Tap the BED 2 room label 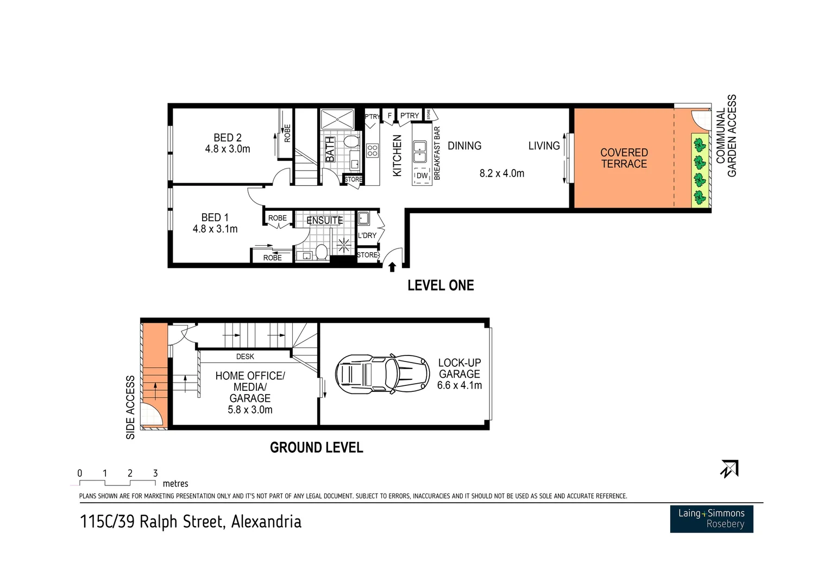pyautogui.click(x=227, y=138)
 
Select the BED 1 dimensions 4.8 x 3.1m pyautogui.click(x=215, y=229)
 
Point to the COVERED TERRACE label pyautogui.click(x=624, y=158)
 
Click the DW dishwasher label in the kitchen pyautogui.click(x=422, y=176)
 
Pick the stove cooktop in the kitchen pyautogui.click(x=372, y=150)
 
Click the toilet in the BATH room pyautogui.click(x=351, y=142)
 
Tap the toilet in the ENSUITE pyautogui.click(x=321, y=252)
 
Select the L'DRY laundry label pyautogui.click(x=367, y=235)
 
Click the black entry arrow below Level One pyautogui.click(x=392, y=266)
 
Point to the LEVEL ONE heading pyautogui.click(x=441, y=285)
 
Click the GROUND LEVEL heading pyautogui.click(x=316, y=447)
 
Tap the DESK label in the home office pyautogui.click(x=245, y=357)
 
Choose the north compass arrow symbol pyautogui.click(x=729, y=469)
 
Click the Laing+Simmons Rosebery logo pyautogui.click(x=711, y=519)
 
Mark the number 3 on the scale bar pyautogui.click(x=155, y=473)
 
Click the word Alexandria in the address pyautogui.click(x=266, y=522)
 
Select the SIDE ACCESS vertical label pyautogui.click(x=130, y=407)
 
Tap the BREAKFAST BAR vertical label pyautogui.click(x=437, y=153)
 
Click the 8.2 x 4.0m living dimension pyautogui.click(x=501, y=173)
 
